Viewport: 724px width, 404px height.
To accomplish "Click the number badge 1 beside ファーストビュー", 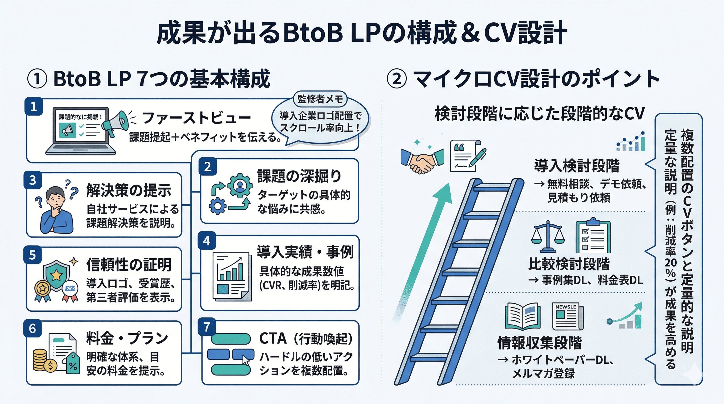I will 34,107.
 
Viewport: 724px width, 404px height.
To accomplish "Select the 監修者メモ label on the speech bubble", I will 320,99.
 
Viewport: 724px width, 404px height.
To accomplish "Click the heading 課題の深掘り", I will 299,176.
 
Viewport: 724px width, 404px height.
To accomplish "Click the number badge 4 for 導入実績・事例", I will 207,241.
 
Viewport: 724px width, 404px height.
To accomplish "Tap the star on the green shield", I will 56,275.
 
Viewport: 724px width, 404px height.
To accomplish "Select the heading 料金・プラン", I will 127,338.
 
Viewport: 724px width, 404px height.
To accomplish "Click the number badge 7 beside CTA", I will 207,327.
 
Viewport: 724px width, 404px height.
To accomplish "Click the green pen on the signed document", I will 478,157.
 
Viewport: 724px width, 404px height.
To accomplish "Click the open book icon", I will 522,316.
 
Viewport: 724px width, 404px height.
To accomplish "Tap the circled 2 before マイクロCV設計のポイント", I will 396,79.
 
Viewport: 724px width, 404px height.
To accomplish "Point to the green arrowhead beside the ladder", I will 443,194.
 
